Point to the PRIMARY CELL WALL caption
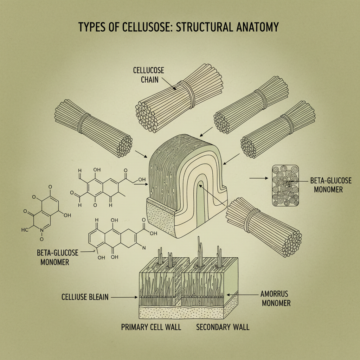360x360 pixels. (151, 327)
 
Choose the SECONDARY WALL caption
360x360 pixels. (223, 327)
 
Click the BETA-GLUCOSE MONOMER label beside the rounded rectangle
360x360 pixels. (326, 185)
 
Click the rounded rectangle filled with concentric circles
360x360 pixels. (285, 186)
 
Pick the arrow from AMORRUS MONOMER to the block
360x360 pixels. (243, 295)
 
